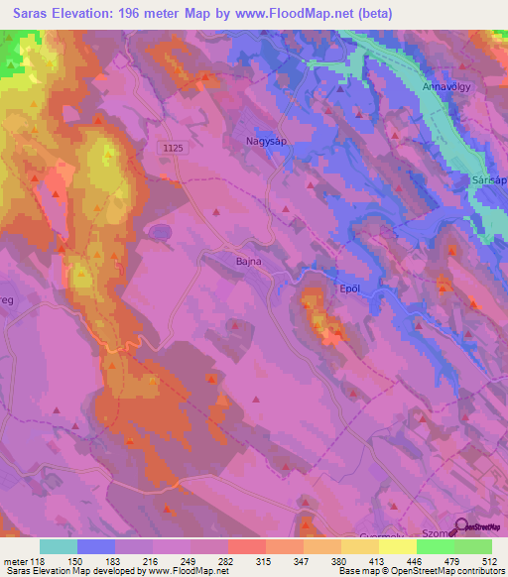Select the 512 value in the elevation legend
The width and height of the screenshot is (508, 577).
pos(491,560)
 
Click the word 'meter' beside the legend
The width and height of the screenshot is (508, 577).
pos(14,560)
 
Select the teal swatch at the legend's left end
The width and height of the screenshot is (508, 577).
pos(59,546)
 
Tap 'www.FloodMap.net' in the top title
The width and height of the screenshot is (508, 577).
pos(301,14)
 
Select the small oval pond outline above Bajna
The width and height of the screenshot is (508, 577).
pos(160,231)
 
